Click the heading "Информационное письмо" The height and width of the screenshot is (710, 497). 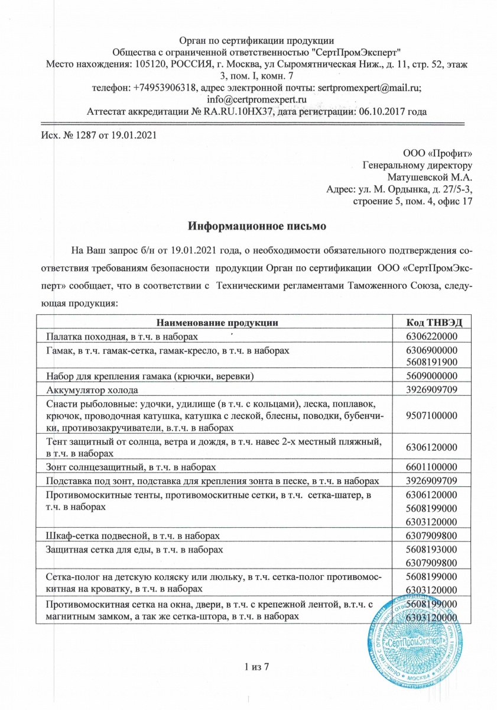(x=257, y=226)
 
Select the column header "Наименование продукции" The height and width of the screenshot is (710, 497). (x=217, y=322)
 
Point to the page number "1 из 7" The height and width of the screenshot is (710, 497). (x=256, y=668)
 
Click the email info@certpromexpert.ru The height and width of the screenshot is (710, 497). (x=256, y=99)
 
